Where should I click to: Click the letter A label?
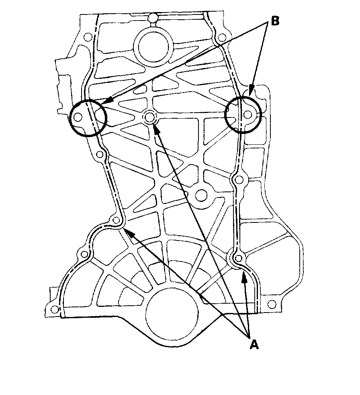254,345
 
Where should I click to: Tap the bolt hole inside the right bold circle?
248,115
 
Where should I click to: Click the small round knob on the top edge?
153,18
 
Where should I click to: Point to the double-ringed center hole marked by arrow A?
150,117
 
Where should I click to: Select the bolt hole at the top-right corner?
221,38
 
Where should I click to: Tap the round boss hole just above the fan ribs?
200,197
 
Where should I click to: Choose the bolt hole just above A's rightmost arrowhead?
239,257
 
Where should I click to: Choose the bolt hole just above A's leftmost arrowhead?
117,220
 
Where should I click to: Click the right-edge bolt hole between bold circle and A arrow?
239,178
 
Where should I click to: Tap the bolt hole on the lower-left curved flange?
84,254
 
